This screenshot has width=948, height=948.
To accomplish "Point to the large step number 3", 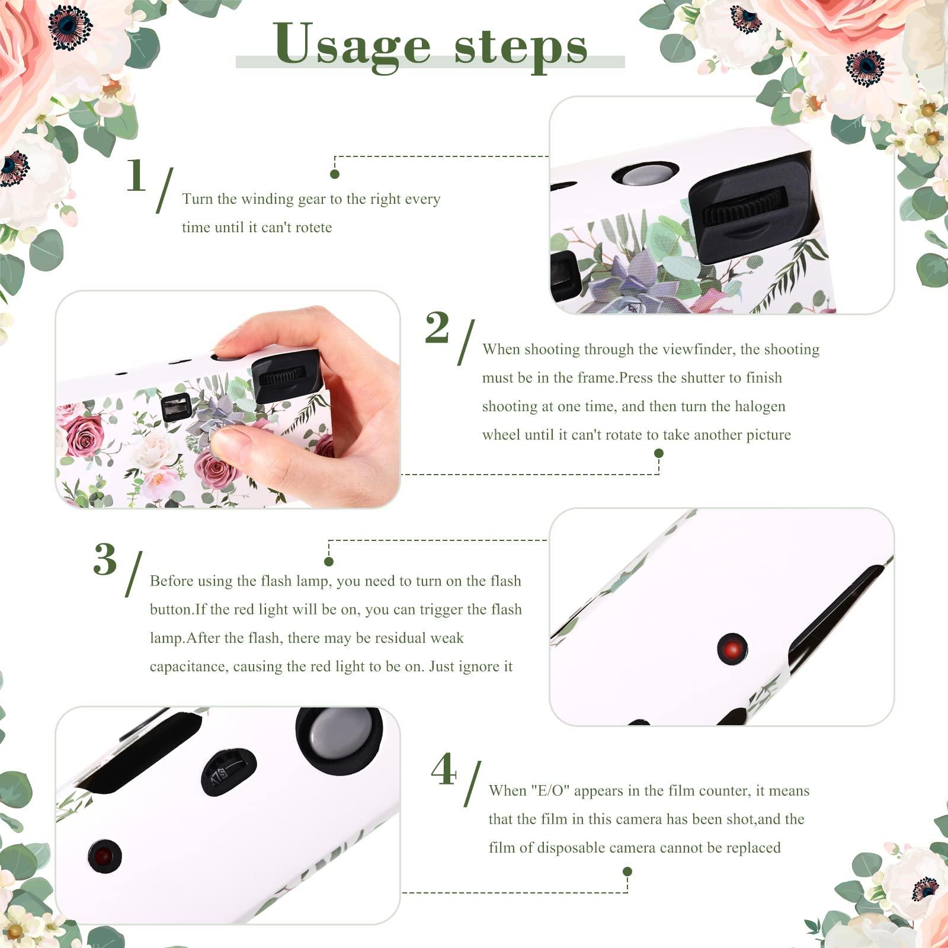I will click(x=105, y=559).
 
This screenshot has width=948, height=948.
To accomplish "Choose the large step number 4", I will click(x=444, y=770).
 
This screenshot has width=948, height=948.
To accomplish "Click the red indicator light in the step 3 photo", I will click(x=732, y=649).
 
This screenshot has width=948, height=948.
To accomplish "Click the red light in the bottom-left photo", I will click(x=104, y=856).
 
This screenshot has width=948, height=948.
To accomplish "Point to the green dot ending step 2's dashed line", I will click(x=658, y=453).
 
